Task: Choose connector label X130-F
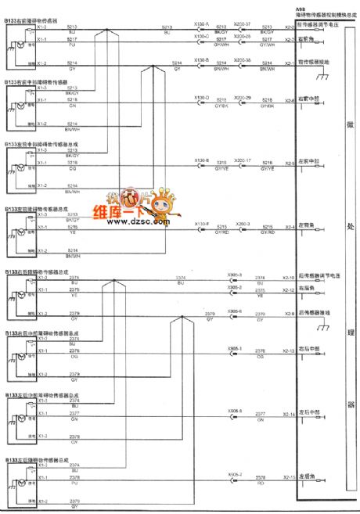click(x=201, y=222)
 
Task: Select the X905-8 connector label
click(x=235, y=410)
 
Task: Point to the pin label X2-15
click(x=289, y=476)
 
